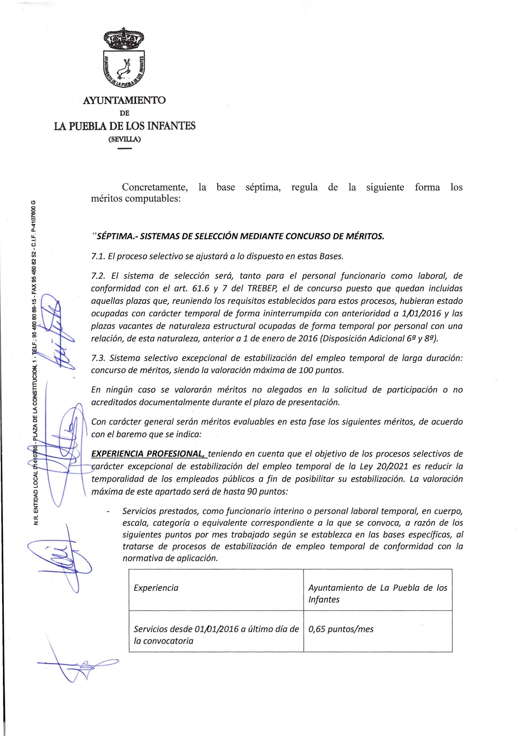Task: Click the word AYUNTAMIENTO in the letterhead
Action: (125, 101)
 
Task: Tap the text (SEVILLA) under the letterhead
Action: (125, 139)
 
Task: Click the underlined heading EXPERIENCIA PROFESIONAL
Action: (148, 454)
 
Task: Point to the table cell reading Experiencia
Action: (156, 588)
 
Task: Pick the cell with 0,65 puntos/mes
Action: (341, 629)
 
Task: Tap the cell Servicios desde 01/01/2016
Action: (216, 634)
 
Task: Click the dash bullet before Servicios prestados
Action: (109, 512)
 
